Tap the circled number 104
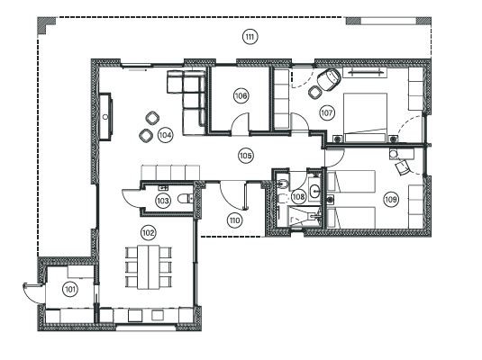click(x=165, y=134)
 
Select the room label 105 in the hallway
click(x=245, y=155)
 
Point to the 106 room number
click(x=241, y=94)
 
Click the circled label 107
click(x=326, y=113)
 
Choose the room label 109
click(x=391, y=199)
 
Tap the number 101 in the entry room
click(x=68, y=289)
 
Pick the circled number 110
click(x=235, y=219)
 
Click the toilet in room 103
click(x=184, y=199)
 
